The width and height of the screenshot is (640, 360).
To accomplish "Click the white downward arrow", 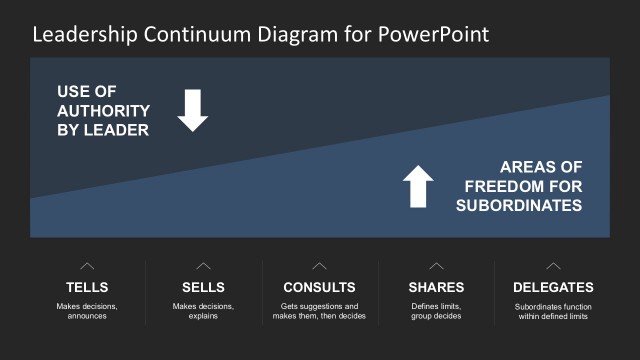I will (x=193, y=110).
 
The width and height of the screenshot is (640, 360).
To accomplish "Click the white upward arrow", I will (x=418, y=186).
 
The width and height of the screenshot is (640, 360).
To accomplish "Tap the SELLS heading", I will (x=203, y=287).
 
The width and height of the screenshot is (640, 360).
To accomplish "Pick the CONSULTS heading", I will (x=319, y=287).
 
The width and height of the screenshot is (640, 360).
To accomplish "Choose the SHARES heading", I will (x=436, y=287).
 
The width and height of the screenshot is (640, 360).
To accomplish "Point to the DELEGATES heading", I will (x=552, y=287).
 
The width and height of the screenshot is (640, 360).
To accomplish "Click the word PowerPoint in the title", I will (x=434, y=35).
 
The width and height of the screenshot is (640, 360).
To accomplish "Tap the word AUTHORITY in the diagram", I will (x=103, y=111).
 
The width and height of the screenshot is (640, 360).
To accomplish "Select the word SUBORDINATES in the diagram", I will (x=519, y=205).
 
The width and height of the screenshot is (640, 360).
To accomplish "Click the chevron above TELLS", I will (x=87, y=266).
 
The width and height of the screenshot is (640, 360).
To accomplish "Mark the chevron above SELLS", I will (x=203, y=266).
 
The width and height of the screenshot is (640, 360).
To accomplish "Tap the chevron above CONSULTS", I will (x=319, y=266).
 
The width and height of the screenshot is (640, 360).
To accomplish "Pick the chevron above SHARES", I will (x=436, y=266).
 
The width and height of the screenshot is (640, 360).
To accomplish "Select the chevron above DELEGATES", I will (x=552, y=266).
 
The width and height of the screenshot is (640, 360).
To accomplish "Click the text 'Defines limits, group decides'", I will (x=436, y=311).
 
